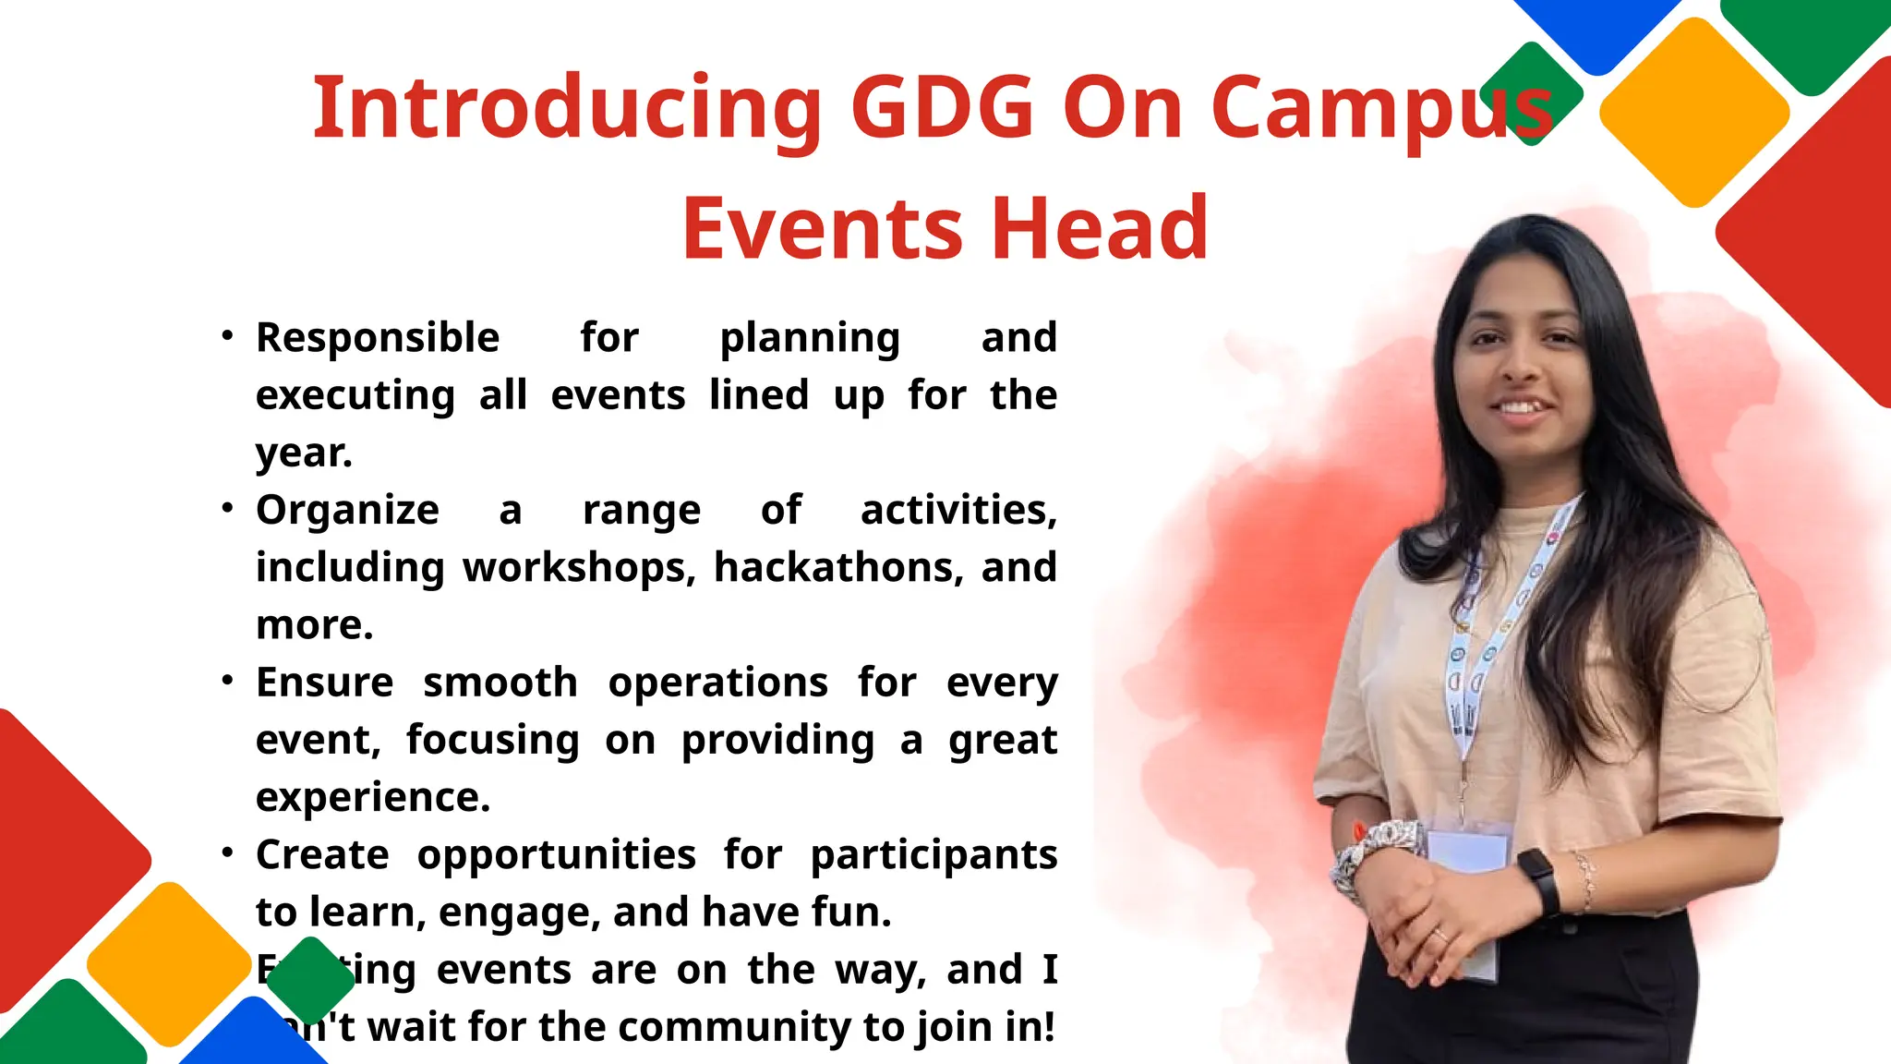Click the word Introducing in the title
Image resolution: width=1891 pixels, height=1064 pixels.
click(x=566, y=109)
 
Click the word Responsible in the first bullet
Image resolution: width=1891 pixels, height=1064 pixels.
click(x=378, y=338)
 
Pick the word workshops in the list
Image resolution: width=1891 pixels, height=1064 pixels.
click(x=578, y=568)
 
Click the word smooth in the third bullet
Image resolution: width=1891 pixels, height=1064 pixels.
click(x=500, y=683)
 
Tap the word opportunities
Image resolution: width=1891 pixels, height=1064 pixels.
click(x=556, y=855)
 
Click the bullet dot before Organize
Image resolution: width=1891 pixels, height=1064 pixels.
click(x=227, y=509)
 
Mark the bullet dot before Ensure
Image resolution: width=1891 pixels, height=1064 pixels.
click(x=227, y=681)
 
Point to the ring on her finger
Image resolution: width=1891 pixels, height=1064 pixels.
click(x=1439, y=934)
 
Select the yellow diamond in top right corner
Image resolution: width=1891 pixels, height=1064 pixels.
click(x=1694, y=113)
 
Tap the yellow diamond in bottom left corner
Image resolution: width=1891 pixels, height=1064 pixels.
click(x=169, y=963)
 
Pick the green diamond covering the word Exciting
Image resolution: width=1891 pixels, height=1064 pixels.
click(x=311, y=980)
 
